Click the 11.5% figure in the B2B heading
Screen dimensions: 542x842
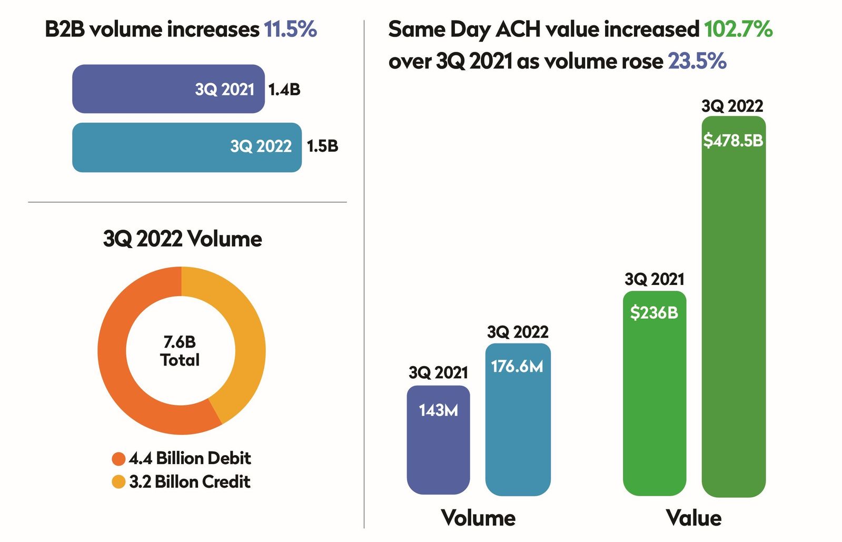290,29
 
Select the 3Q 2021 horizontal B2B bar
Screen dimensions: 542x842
168,89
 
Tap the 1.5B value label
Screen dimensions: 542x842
322,146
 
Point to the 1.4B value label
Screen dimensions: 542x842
284,90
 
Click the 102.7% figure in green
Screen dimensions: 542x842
738,29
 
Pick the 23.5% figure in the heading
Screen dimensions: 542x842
697,62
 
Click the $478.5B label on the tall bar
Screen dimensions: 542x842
733,141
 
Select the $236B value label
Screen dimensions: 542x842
654,313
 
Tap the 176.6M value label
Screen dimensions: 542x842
517,366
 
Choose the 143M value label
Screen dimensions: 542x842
438,410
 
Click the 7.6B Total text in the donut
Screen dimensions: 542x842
180,351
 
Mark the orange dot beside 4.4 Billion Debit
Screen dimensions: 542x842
118,459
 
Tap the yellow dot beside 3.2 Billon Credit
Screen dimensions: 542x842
118,482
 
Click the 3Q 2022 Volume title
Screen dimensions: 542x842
182,239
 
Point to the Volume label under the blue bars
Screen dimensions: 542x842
478,518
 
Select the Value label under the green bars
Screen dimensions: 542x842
694,518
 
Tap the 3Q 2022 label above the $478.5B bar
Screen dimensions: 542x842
732,106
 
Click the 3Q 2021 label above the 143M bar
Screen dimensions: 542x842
438,373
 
